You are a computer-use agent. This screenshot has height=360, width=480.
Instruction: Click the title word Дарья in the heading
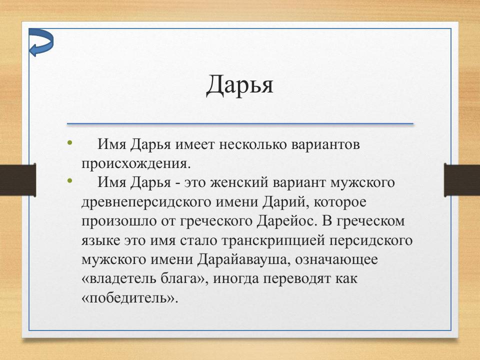(x=239, y=84)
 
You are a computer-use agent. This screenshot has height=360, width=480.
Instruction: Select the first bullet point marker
(x=69, y=144)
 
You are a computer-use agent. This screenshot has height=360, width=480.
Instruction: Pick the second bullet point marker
(x=69, y=180)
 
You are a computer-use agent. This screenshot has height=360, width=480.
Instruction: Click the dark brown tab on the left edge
(x=18, y=180)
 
